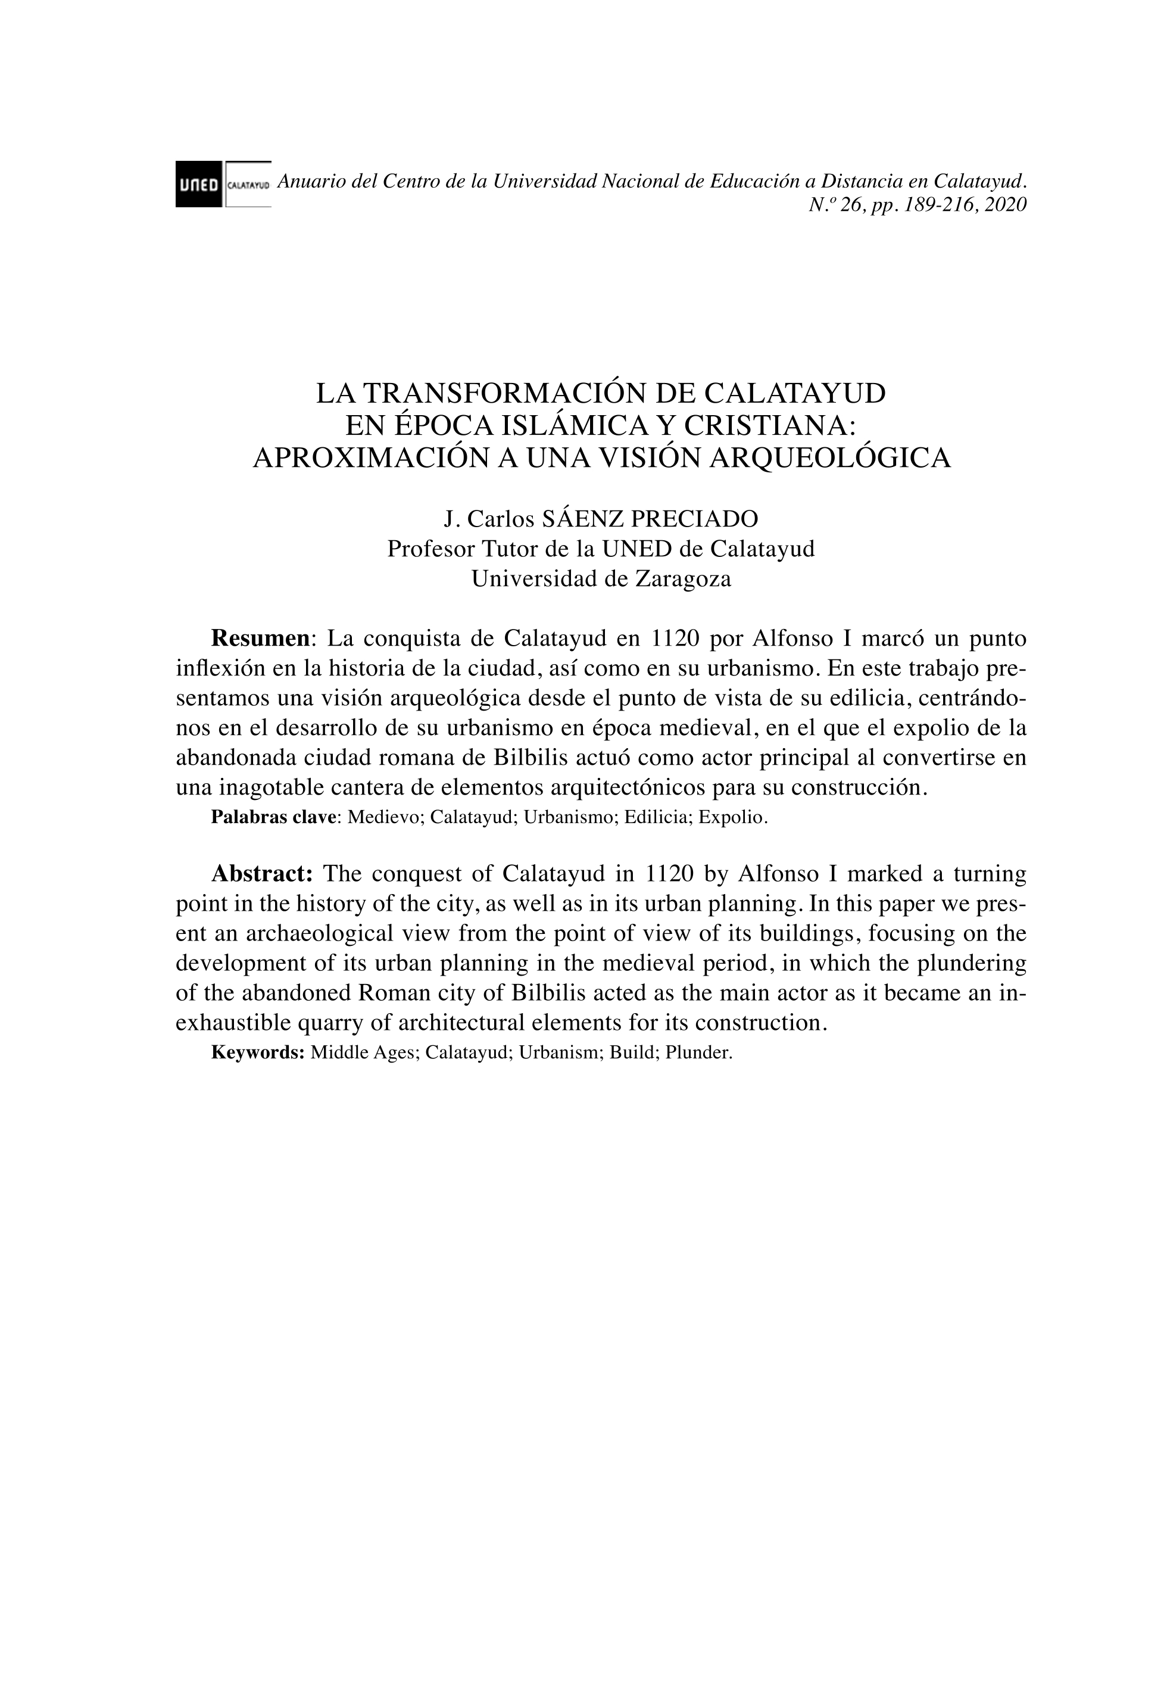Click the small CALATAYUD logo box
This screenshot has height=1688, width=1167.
pyautogui.click(x=249, y=184)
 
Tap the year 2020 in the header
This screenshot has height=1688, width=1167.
pyautogui.click(x=1006, y=205)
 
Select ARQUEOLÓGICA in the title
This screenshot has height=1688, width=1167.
pyautogui.click(x=831, y=458)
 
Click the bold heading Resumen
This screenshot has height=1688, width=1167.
pyautogui.click(x=261, y=639)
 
